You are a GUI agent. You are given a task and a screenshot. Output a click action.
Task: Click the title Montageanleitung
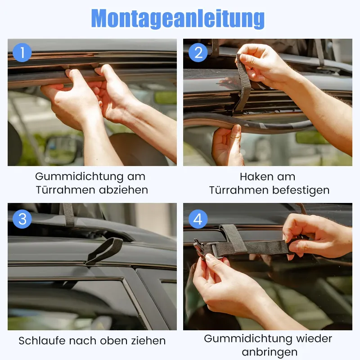coord(178,18)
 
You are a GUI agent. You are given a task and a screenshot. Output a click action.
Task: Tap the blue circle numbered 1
coord(22,53)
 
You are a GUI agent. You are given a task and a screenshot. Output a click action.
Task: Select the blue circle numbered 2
coord(198,53)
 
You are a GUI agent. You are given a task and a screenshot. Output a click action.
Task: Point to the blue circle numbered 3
coord(22,219)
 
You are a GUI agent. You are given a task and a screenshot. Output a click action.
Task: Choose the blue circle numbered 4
coord(198,219)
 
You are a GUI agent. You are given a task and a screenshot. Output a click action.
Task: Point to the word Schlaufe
coord(42,341)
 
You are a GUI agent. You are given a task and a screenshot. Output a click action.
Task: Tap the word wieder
coord(314,339)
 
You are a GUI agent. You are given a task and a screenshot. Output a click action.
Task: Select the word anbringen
coord(270,352)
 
